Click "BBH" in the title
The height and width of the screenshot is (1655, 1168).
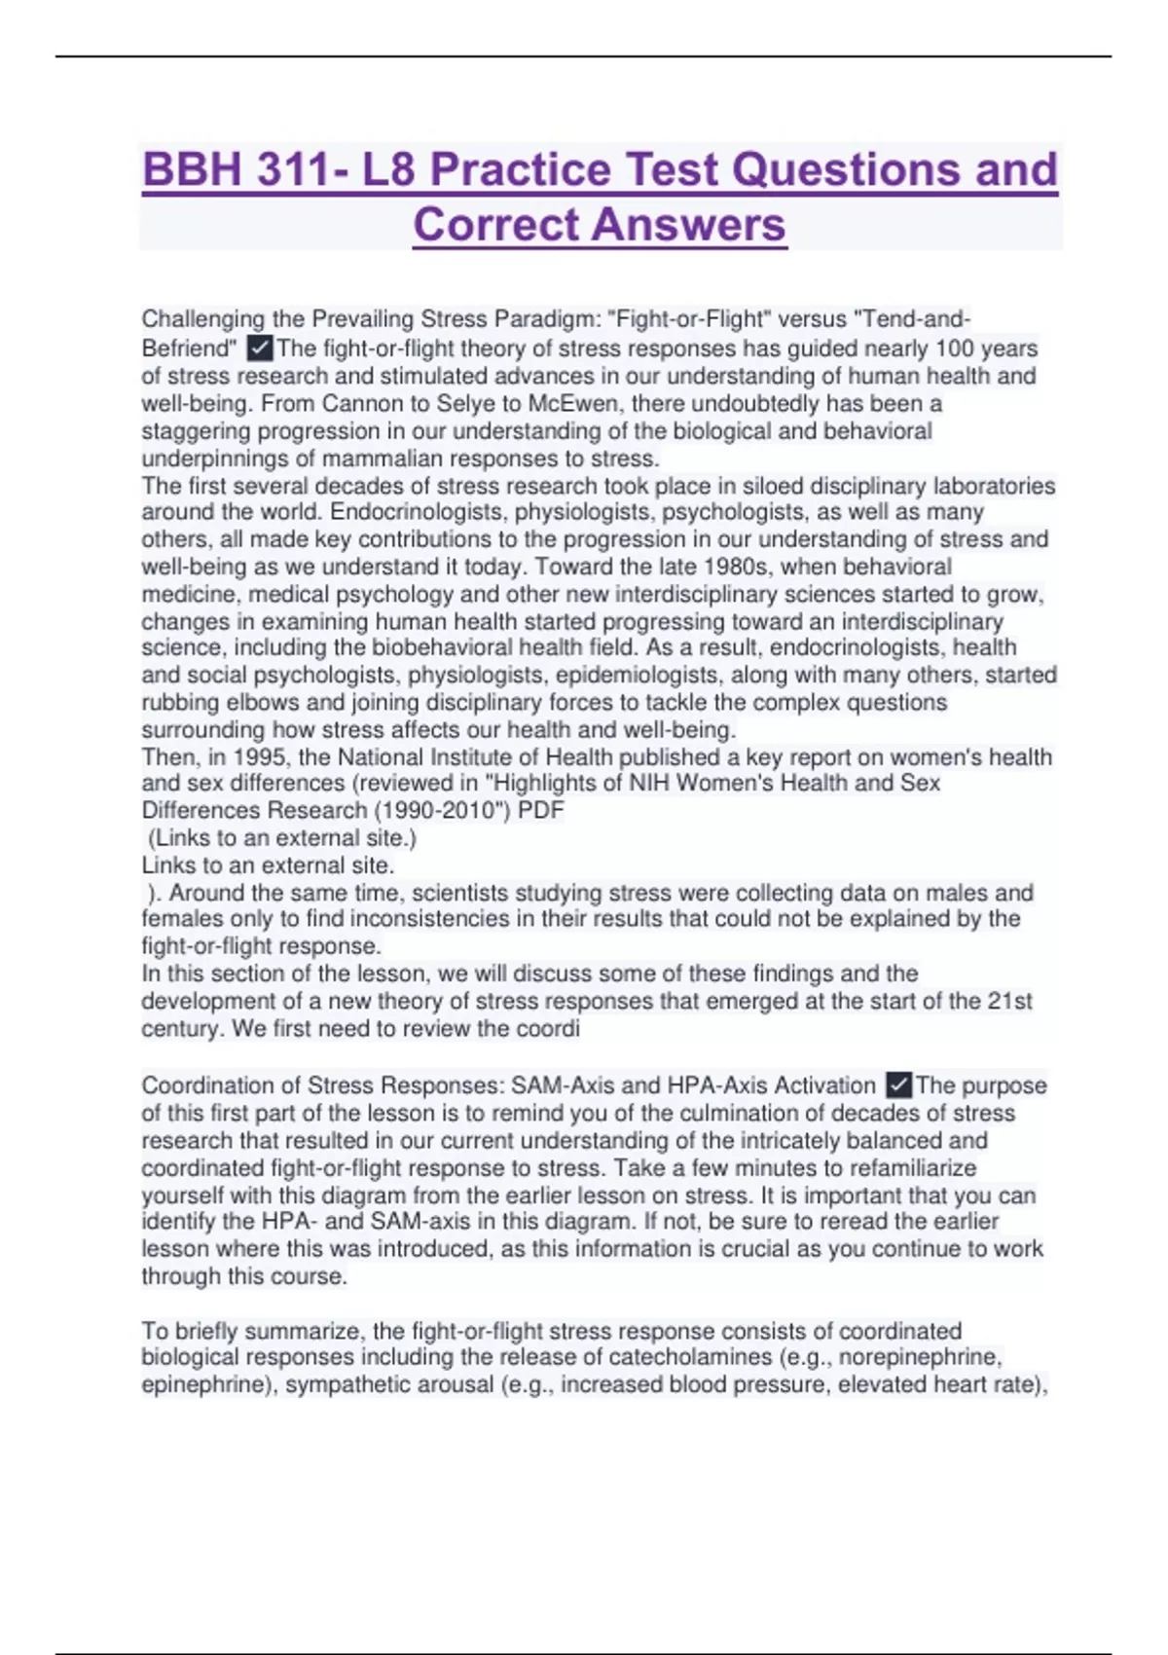tap(192, 169)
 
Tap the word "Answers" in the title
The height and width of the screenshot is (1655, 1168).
tap(686, 225)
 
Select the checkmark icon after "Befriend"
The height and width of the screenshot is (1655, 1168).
tap(260, 348)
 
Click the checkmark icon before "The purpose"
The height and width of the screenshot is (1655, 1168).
tap(899, 1085)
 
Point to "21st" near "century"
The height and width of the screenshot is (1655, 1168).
tap(1009, 1001)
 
